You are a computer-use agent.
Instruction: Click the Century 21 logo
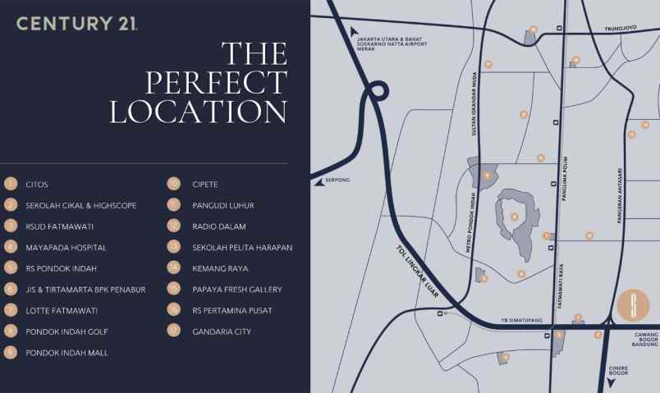coord(77,24)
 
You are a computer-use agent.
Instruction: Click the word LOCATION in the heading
coord(198,112)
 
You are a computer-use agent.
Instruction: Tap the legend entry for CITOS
coord(37,184)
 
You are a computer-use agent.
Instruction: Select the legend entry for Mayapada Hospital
coord(66,247)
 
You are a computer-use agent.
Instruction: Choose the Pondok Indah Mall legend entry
coord(66,353)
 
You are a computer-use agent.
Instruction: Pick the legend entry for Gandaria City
coord(221,331)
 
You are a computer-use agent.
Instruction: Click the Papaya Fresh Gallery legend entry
coord(236,289)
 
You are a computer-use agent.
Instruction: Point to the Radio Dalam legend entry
coord(218,226)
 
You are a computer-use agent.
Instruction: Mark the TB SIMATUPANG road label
coord(518,320)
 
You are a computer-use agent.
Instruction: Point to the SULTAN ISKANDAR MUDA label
coord(474,103)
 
